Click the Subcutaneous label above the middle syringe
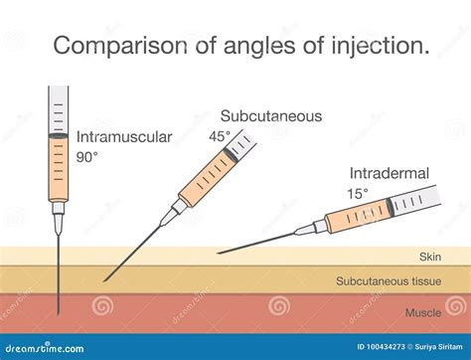tap(272, 116)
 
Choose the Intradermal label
tap(390, 173)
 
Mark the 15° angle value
tap(359, 192)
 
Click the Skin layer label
tap(428, 256)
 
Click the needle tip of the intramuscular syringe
tap(60, 310)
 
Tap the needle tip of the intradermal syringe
tap(218, 253)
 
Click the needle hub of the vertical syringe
tap(59, 211)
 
